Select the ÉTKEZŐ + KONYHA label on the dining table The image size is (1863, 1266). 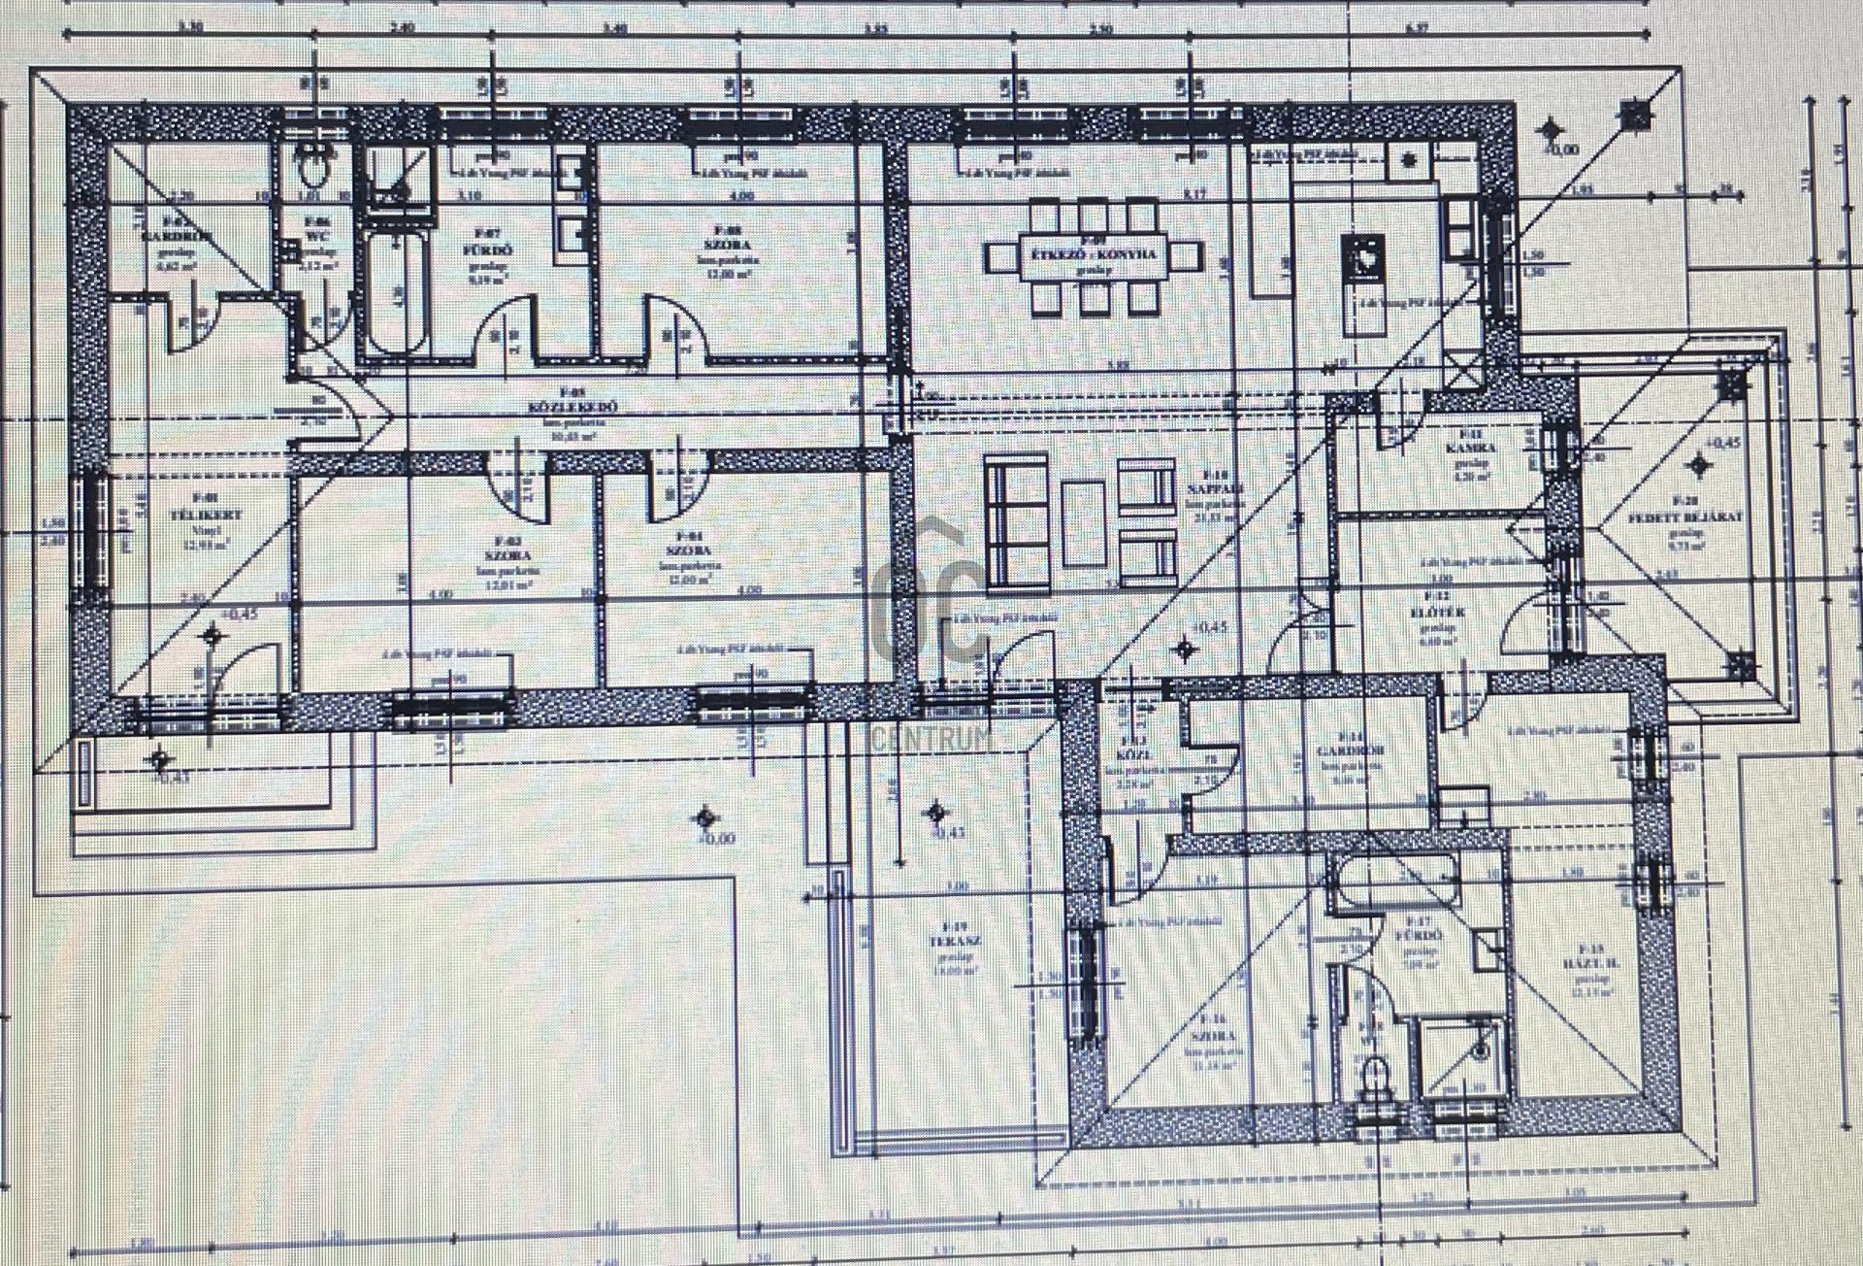coord(1094,254)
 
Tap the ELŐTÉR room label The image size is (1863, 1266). coord(1437,613)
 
